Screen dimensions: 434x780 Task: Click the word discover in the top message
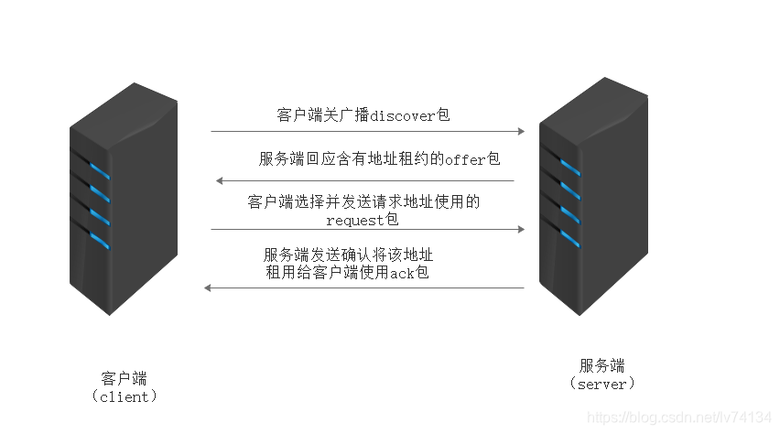404,115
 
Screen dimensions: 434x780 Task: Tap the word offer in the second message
466,159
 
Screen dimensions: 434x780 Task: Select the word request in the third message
355,220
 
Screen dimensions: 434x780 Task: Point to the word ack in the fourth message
403,273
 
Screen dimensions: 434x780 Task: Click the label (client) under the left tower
125,396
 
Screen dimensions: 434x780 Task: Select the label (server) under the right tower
601,385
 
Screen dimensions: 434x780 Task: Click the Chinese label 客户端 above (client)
124,378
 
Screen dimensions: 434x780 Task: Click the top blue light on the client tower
99,170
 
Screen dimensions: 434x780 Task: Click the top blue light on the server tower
569,168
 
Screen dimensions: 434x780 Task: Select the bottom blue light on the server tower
569,240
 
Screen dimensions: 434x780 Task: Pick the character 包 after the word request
393,220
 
